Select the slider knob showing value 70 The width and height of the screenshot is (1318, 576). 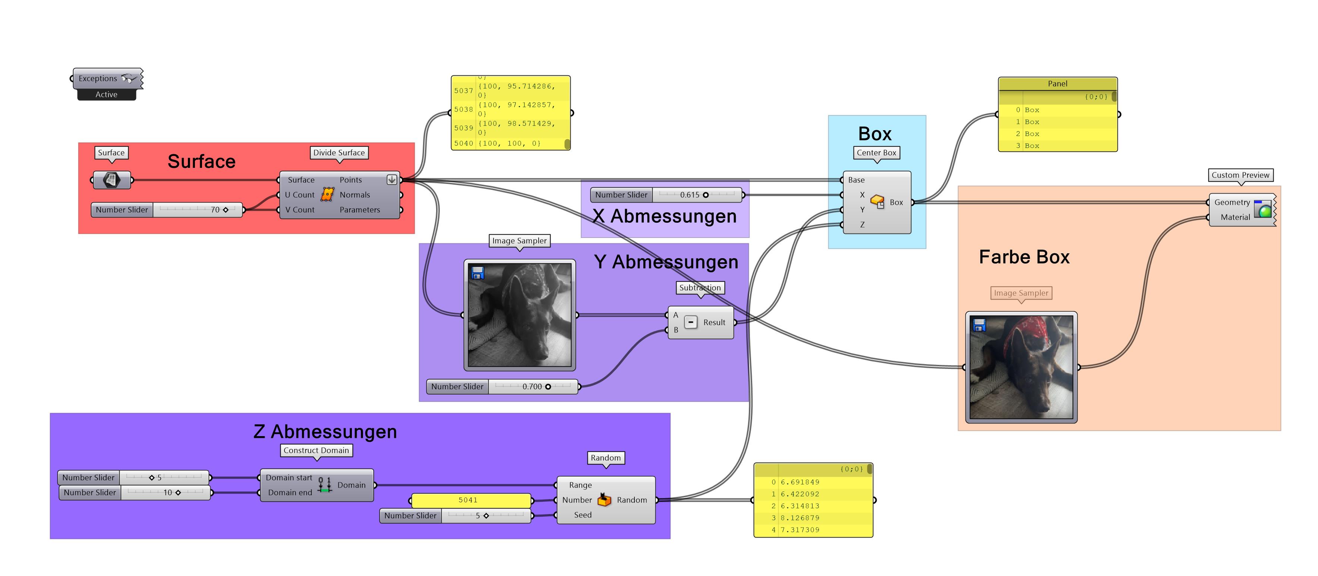pos(226,210)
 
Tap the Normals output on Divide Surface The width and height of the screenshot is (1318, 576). pos(354,195)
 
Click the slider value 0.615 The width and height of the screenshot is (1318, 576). pos(689,195)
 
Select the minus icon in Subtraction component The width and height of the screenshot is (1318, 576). pos(691,322)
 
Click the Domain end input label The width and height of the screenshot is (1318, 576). pos(290,492)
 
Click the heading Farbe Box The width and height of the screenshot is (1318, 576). pos(1024,257)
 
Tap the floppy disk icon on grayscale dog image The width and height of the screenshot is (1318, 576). pos(477,273)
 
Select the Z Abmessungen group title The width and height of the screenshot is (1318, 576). pos(325,432)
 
